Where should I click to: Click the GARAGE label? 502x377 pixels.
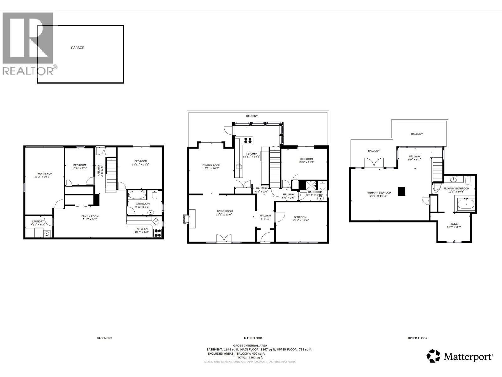(x=77, y=48)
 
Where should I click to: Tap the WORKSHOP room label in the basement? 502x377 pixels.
(x=45, y=174)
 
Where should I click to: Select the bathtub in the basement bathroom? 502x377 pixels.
(x=136, y=195)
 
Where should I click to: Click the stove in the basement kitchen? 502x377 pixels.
(x=158, y=233)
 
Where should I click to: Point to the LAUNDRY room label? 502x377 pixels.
(x=37, y=221)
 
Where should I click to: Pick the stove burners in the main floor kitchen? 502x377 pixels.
(x=248, y=140)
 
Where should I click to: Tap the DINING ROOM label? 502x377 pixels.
(x=211, y=165)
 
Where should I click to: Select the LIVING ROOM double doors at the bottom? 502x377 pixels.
(x=224, y=239)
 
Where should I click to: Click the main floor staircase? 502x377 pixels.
(x=275, y=168)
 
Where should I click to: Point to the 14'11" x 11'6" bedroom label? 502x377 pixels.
(x=300, y=217)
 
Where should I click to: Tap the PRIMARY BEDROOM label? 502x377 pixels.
(x=379, y=193)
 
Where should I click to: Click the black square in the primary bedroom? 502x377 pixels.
(x=402, y=191)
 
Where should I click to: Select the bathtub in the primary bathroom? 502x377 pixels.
(x=466, y=205)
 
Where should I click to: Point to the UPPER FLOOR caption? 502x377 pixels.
(x=417, y=338)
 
